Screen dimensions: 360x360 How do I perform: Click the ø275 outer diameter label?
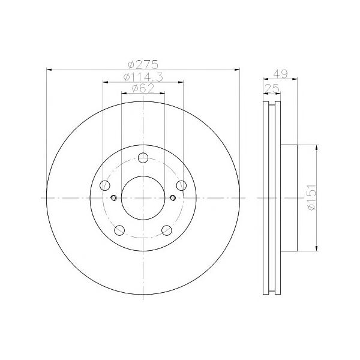(x=143, y=64)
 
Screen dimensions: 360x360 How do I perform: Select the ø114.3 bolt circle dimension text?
(x=143, y=77)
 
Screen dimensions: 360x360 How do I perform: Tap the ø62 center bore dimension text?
(x=143, y=88)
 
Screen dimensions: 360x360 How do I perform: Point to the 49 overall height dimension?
(x=280, y=74)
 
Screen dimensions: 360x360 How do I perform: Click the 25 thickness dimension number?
(x=272, y=88)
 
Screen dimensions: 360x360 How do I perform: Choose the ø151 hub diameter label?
(x=311, y=197)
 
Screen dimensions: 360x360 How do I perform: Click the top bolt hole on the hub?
(x=143, y=158)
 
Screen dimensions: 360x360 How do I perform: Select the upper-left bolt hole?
(x=105, y=185)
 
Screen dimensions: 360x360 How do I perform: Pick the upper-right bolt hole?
(x=181, y=185)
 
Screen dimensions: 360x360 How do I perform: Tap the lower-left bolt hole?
(x=119, y=230)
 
